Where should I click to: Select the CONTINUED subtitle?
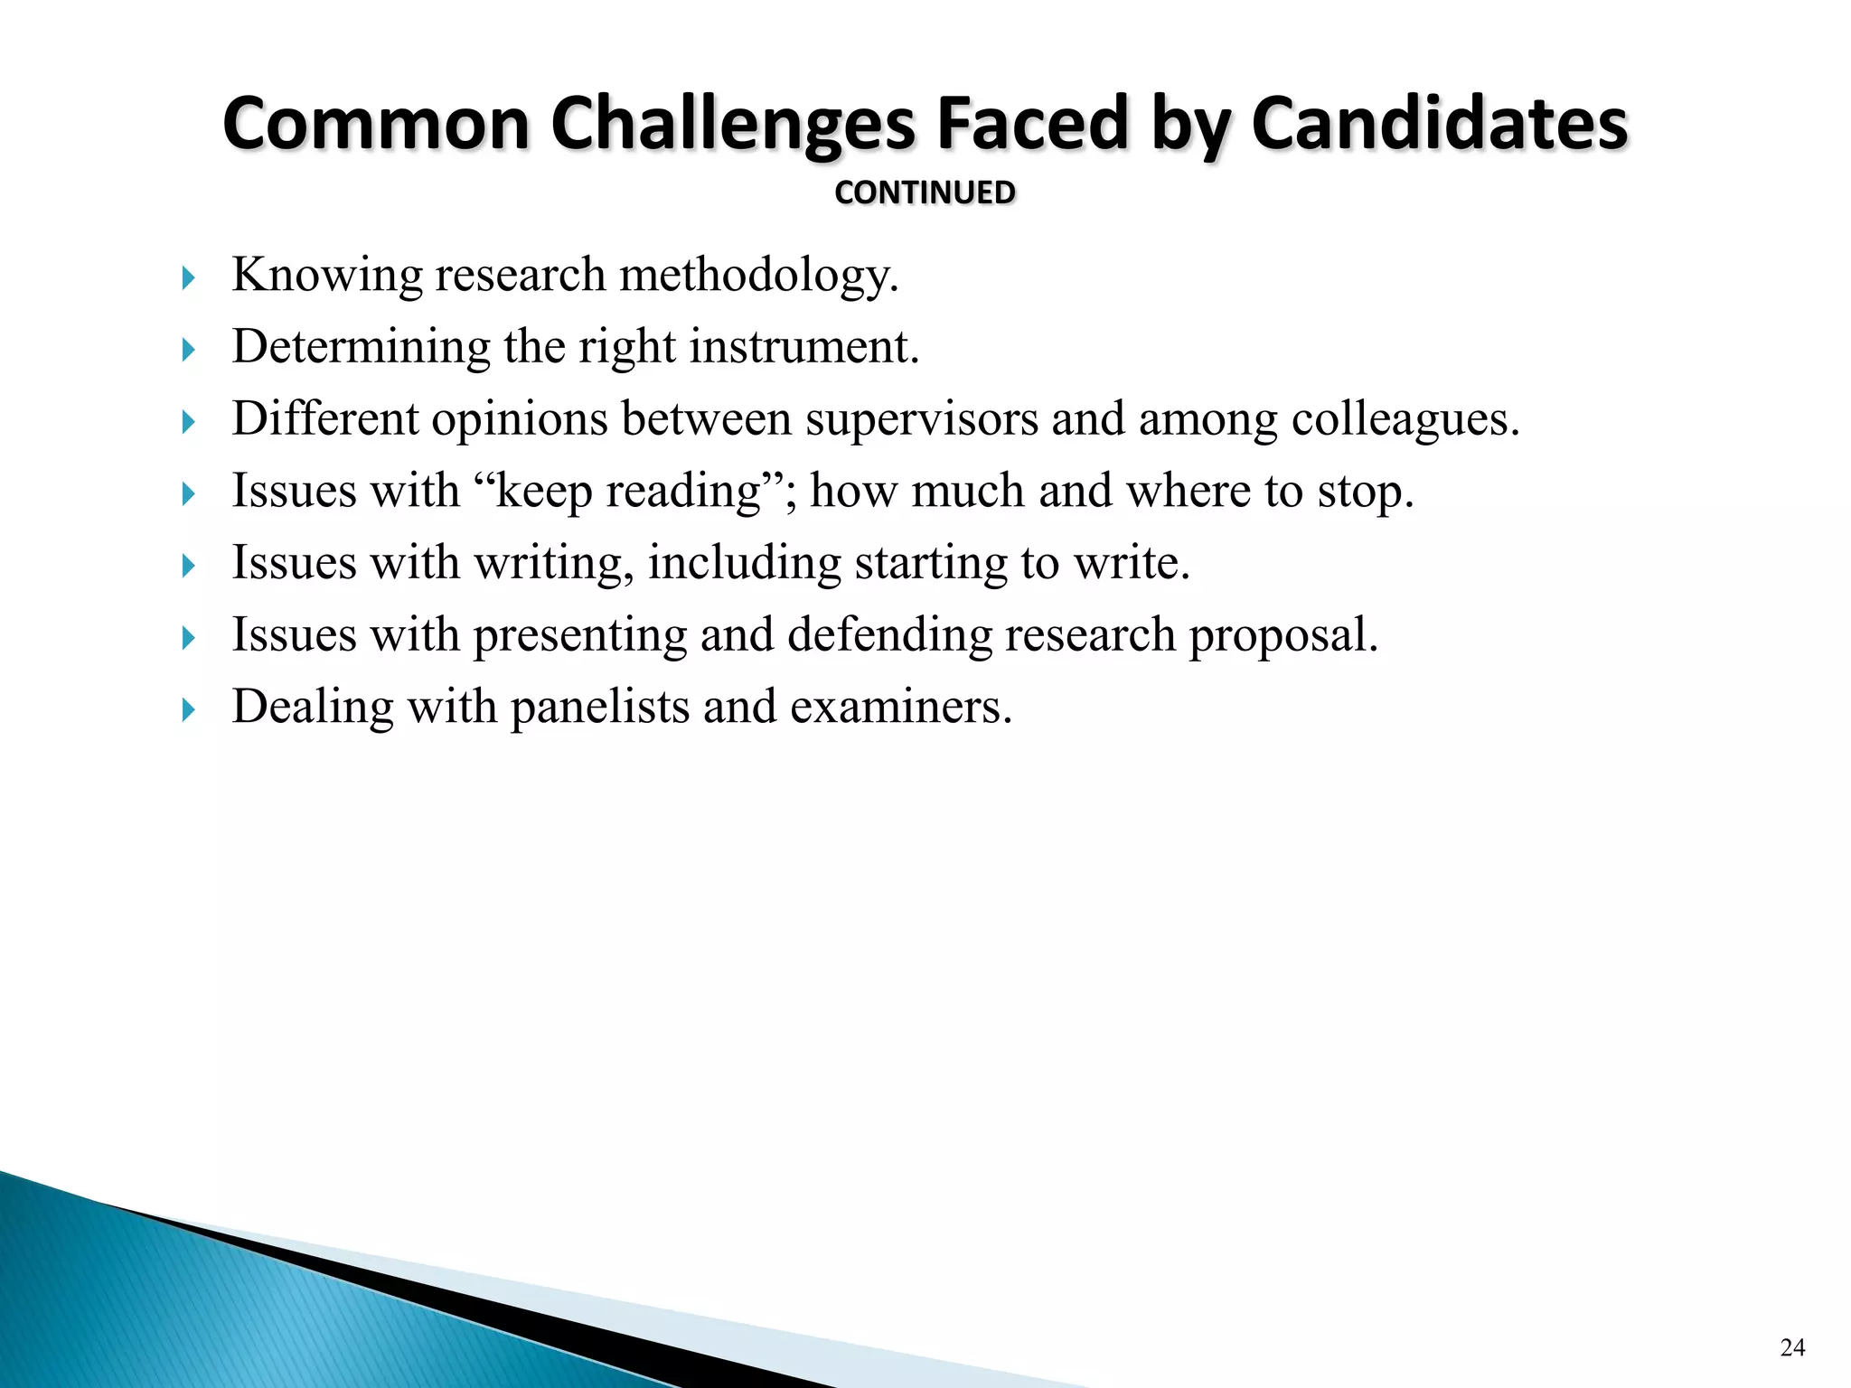pyautogui.click(x=925, y=192)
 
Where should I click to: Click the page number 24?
pyautogui.click(x=1792, y=1347)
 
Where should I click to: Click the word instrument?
pyautogui.click(x=804, y=346)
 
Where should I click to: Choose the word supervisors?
pyautogui.click(x=922, y=419)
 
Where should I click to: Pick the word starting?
pyautogui.click(x=931, y=563)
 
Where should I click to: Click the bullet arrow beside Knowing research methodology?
pyautogui.click(x=188, y=277)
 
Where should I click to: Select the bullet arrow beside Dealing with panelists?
pyautogui.click(x=188, y=709)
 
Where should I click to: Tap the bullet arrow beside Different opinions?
pyautogui.click(x=188, y=422)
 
